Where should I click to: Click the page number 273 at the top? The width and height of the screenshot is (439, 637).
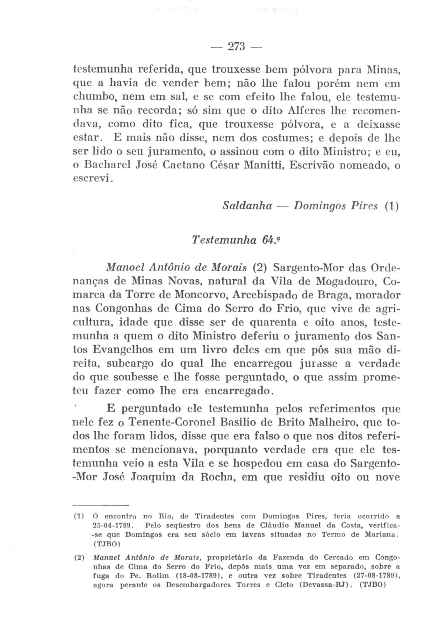pos(236,47)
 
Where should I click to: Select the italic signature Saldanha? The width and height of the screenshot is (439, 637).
pos(247,206)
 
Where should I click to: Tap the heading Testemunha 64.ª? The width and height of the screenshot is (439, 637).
pos(236,240)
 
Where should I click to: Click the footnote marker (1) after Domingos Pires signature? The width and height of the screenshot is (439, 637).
pos(391,206)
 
